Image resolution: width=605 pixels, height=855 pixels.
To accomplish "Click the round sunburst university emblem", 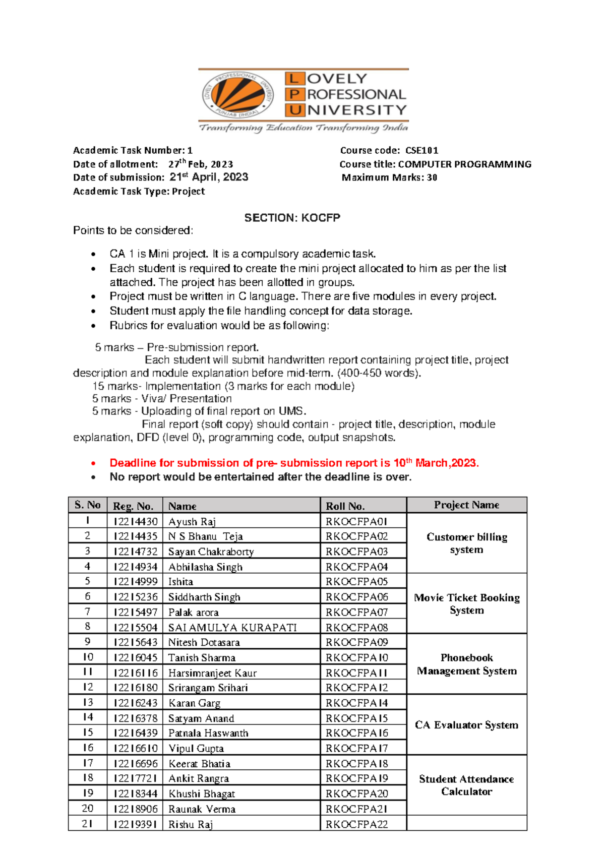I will coord(238,94).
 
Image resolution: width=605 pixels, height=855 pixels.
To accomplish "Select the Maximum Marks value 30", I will coord(432,177).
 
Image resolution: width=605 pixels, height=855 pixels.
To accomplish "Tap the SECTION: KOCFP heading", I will coord(292,218).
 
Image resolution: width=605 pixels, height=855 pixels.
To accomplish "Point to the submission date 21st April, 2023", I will coord(209,177).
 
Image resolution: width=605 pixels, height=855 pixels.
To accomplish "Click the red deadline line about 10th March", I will coord(294,463).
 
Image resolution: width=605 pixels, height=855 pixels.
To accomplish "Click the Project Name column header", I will coord(466,505).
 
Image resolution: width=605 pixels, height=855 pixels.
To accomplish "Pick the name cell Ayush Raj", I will coord(192,521).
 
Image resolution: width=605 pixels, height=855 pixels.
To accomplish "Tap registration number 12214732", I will coord(135,552).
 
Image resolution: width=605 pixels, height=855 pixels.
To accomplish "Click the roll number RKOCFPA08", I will coord(356,627).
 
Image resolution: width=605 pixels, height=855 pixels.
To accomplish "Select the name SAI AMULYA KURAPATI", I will coord(232,627).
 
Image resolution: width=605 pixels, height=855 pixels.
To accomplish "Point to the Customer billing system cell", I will coord(466,543).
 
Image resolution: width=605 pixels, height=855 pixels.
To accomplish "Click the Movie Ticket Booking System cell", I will coord(466,603).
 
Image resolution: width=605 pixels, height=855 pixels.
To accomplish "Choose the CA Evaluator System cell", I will coord(466,724).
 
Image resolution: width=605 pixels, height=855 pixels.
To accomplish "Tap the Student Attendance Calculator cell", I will coord(466,785).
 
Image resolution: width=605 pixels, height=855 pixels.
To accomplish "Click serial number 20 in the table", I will coord(88,808).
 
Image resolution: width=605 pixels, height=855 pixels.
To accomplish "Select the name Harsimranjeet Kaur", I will coord(212,673).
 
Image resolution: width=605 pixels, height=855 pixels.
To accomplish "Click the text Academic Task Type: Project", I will coord(139,191).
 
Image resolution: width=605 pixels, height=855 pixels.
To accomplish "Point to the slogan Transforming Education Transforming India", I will coord(303,128).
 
